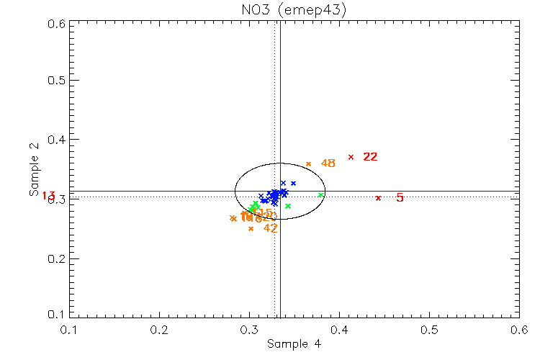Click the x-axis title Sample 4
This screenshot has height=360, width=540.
point(294,344)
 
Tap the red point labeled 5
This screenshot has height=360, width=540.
point(378,198)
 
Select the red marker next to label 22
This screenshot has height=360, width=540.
point(351,157)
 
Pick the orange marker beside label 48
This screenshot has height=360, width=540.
point(308,163)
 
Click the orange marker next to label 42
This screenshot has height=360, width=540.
point(251,228)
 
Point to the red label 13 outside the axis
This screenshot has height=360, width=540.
point(49,196)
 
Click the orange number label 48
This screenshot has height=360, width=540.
point(328,163)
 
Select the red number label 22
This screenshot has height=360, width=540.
point(370,157)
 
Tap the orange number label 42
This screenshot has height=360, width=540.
point(270,228)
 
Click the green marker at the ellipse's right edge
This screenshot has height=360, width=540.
point(320,195)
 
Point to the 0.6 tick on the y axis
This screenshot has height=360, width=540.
point(58,24)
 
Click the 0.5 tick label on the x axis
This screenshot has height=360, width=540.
point(429,329)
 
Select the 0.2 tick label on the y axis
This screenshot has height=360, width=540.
point(58,258)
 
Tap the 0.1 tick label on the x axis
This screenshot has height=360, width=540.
point(70,329)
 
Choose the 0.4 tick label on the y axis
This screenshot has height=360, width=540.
point(58,140)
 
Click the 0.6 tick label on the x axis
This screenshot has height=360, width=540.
point(519,329)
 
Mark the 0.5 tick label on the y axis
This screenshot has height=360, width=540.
point(58,80)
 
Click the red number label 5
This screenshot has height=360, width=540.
point(400,198)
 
